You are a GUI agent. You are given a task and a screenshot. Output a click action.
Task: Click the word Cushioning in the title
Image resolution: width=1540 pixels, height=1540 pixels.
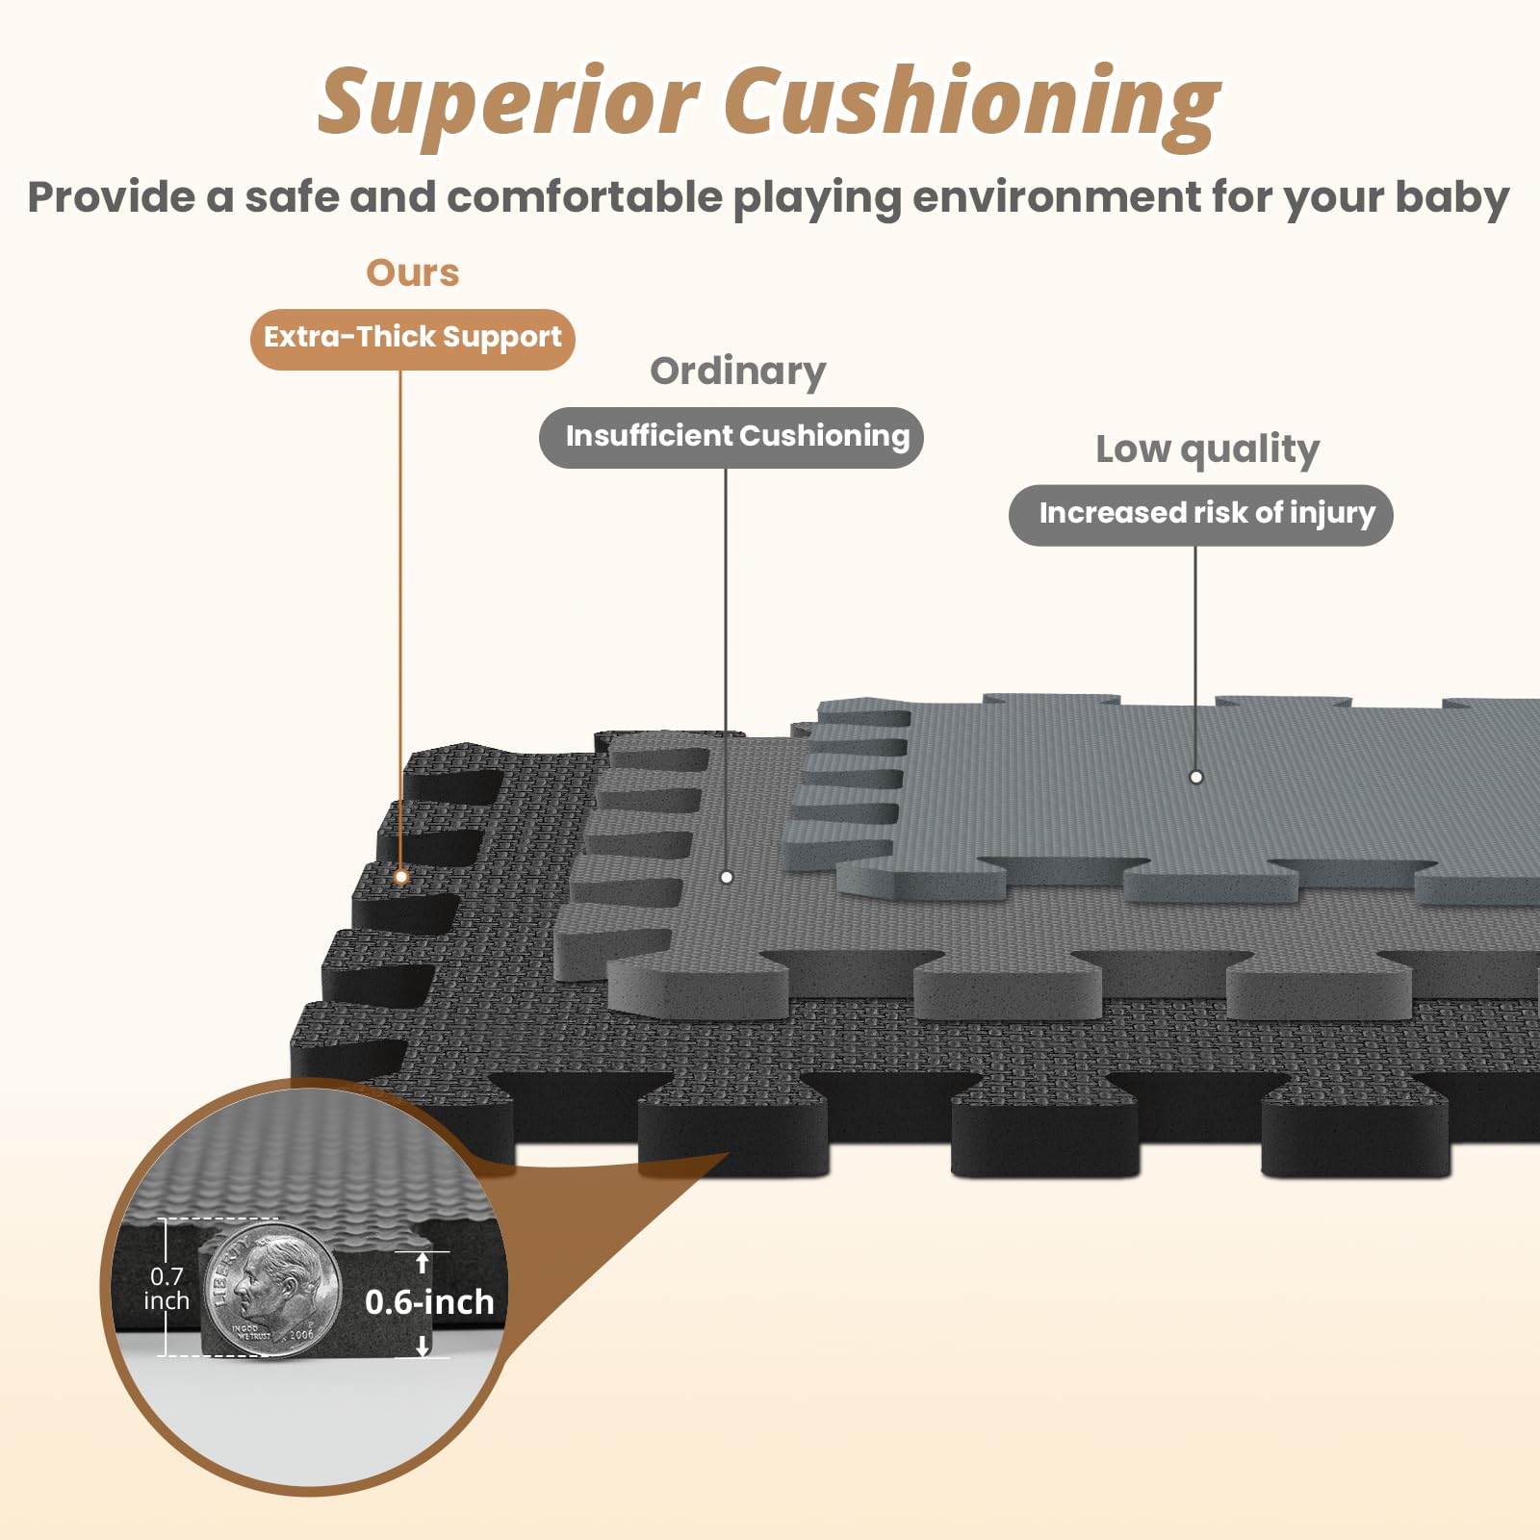[x=972, y=104]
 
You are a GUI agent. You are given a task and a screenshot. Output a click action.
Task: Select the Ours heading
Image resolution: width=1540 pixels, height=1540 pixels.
[x=412, y=273]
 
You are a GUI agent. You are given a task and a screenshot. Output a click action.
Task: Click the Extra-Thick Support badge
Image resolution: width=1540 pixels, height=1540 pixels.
[x=412, y=338]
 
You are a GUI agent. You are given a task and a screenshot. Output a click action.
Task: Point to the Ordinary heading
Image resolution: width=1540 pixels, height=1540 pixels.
[x=737, y=372]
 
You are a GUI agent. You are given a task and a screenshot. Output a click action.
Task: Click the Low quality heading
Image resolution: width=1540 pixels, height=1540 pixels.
[x=1207, y=449]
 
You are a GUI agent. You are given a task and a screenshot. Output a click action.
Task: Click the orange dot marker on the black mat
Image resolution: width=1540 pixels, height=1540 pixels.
[x=401, y=877]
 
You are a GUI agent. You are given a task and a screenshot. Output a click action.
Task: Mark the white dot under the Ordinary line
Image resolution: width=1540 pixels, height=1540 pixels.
[x=727, y=877]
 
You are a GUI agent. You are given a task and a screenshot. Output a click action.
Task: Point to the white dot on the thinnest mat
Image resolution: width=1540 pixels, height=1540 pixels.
[x=1195, y=777]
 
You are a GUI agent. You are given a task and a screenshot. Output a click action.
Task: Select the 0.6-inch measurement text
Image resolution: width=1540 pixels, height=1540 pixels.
[x=429, y=1302]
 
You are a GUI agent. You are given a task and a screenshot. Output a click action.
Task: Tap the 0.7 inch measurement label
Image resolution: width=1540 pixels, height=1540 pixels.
[x=167, y=1288]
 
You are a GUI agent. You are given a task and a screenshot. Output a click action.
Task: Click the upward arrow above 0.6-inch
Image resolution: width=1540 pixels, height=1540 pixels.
[x=423, y=1262]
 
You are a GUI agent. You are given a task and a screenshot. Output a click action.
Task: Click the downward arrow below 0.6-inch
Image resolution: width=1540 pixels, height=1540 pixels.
[x=423, y=1346]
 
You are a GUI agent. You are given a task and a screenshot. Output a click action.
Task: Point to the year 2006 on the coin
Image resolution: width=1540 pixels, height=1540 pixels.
[x=301, y=1334]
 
